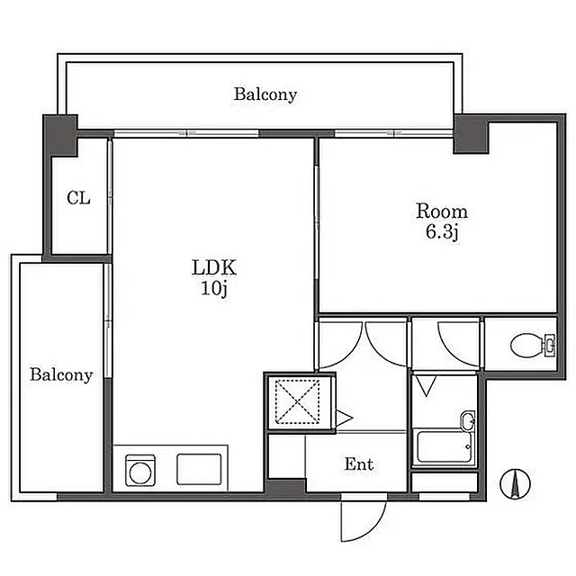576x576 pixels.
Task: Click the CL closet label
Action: pyautogui.click(x=78, y=198)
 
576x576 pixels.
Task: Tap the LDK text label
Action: pyautogui.click(x=214, y=267)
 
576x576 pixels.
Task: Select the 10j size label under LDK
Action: pyautogui.click(x=214, y=288)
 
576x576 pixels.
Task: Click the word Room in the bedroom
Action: pyautogui.click(x=442, y=211)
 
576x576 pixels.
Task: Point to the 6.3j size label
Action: pyautogui.click(x=442, y=232)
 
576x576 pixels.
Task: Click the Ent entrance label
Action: pyautogui.click(x=359, y=464)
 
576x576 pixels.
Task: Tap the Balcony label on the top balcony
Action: pyautogui.click(x=265, y=94)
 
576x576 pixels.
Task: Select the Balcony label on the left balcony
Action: pyautogui.click(x=61, y=374)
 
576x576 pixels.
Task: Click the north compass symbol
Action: pyautogui.click(x=515, y=483)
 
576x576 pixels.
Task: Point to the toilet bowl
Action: pyautogui.click(x=525, y=346)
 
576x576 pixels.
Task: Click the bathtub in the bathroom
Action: pyautogui.click(x=443, y=447)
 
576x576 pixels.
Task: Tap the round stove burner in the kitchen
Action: pyautogui.click(x=140, y=472)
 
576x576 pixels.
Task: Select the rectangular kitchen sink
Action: pyautogui.click(x=199, y=469)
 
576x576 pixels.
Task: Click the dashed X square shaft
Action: pyautogui.click(x=297, y=401)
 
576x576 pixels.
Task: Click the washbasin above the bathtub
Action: pyautogui.click(x=467, y=420)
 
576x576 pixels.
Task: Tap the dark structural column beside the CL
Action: pyautogui.click(x=60, y=135)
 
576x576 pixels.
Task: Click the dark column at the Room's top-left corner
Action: pyautogui.click(x=471, y=134)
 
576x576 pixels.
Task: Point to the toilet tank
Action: pyautogui.click(x=549, y=346)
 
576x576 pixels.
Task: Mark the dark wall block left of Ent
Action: pyautogui.click(x=285, y=488)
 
